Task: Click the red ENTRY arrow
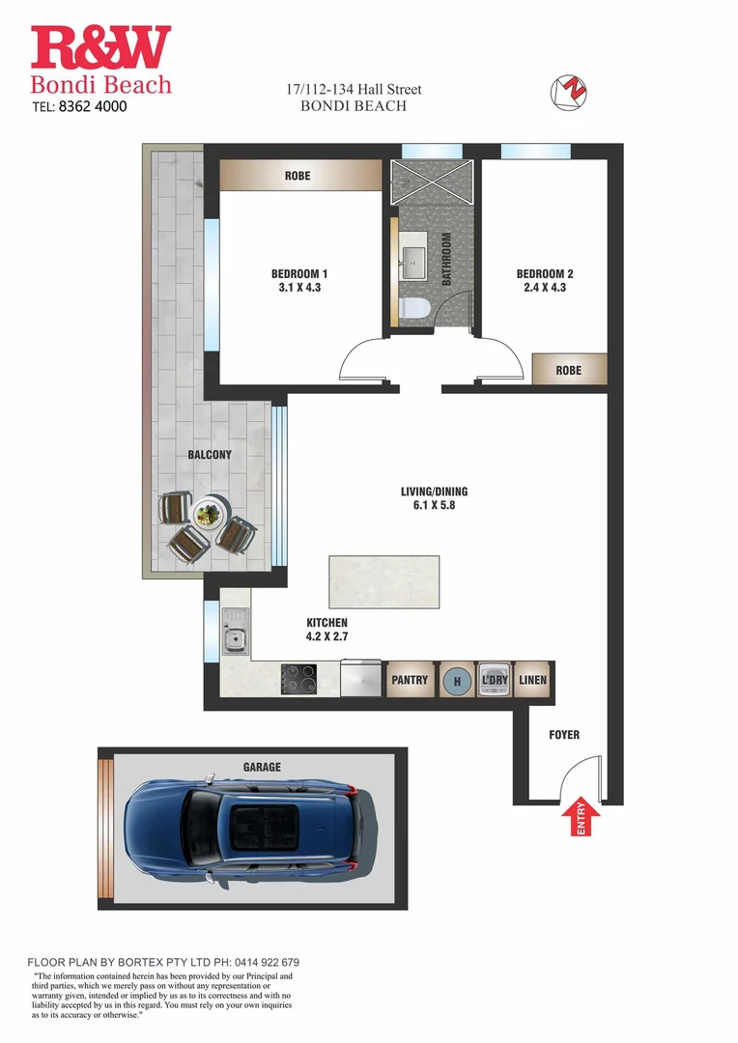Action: (581, 818)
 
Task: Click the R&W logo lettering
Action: (100, 48)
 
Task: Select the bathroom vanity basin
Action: (412, 261)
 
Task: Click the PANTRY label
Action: (410, 680)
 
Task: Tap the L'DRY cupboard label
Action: (494, 680)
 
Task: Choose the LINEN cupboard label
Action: (532, 680)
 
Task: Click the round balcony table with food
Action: (208, 513)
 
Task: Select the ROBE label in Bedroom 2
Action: (569, 370)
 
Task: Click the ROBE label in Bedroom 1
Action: (298, 177)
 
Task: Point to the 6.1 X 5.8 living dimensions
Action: (434, 505)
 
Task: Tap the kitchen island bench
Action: (384, 581)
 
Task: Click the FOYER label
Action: (564, 735)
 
